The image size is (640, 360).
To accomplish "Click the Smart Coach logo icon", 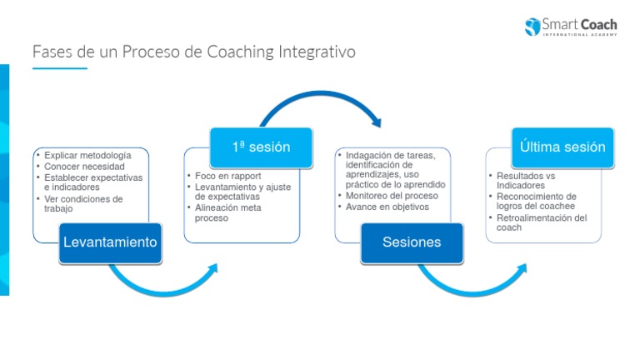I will (x=532, y=26).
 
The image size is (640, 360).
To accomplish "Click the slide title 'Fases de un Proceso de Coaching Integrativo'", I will (x=193, y=52).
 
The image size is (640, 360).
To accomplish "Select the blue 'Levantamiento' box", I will (x=109, y=242).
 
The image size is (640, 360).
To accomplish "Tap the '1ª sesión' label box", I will (x=261, y=147).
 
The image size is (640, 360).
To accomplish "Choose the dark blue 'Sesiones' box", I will (x=411, y=242).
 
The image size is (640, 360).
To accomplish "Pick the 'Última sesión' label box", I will (x=562, y=147).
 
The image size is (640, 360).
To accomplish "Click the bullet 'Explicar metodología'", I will (x=87, y=156).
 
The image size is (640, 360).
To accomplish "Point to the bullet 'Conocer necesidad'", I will (x=84, y=167).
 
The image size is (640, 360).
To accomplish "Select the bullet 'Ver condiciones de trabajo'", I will (x=82, y=204).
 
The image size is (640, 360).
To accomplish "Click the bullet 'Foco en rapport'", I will (x=227, y=176).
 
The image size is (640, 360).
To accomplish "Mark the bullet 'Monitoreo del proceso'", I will (x=392, y=196).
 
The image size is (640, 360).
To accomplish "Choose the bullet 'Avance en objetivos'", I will (x=387, y=207).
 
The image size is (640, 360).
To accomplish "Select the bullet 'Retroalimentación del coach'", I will (x=542, y=222).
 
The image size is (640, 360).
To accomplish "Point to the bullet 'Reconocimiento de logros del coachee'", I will (x=542, y=202).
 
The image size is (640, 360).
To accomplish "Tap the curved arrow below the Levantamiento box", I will (x=162, y=283).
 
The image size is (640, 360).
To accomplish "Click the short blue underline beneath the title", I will (x=59, y=68).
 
